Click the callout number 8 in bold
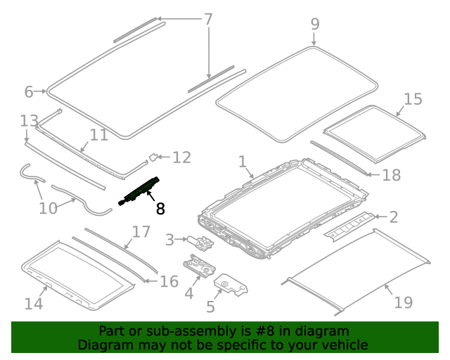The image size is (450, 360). click(x=160, y=208)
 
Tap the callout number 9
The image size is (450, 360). click(x=315, y=24)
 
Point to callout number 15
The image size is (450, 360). click(x=413, y=99)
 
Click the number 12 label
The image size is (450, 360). click(x=181, y=157)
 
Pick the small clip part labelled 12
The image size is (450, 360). click(x=153, y=157)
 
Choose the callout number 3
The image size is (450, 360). click(x=169, y=241)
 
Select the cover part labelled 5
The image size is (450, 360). click(x=231, y=287)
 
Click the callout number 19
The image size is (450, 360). click(x=403, y=302)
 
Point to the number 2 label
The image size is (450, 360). click(x=394, y=217)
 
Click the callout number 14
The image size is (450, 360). click(x=34, y=304)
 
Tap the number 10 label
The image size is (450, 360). click(x=48, y=209)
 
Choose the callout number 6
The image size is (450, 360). click(x=29, y=91)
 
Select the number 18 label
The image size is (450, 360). click(x=391, y=174)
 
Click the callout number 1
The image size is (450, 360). click(x=242, y=162)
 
